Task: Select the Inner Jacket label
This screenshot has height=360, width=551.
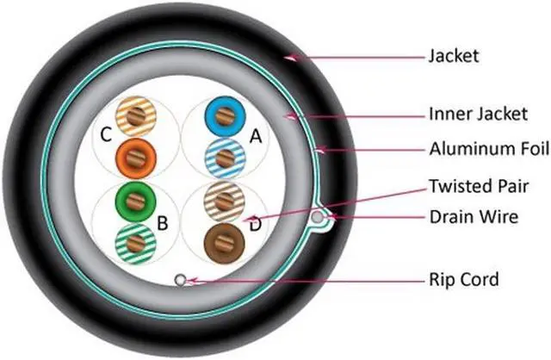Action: tap(471, 113)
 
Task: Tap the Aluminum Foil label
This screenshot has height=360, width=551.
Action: tap(488, 149)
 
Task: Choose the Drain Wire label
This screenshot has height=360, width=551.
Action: tap(474, 216)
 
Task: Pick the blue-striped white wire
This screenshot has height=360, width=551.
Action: tap(223, 158)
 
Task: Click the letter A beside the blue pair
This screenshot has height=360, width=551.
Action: tap(254, 136)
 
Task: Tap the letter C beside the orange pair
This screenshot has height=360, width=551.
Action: tap(106, 135)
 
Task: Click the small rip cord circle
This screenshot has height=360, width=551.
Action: tap(180, 279)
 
